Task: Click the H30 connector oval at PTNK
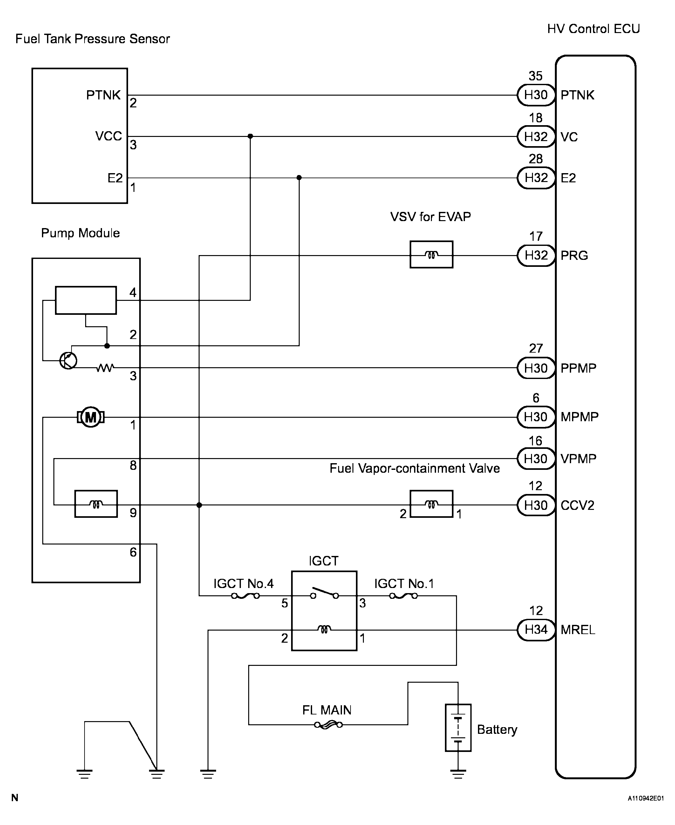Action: (536, 95)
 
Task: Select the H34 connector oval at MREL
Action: (536, 630)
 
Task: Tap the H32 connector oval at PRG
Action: (536, 255)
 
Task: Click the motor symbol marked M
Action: (91, 417)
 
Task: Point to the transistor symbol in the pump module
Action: (68, 361)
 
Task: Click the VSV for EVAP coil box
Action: (431, 254)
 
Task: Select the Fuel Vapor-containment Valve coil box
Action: (431, 504)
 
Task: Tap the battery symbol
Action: (458, 728)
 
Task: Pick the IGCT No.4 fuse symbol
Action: (245, 596)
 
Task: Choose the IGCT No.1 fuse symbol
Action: (403, 596)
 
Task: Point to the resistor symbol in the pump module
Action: (105, 367)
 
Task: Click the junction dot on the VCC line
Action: (250, 136)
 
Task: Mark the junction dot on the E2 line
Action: (299, 178)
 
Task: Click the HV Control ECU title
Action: (593, 29)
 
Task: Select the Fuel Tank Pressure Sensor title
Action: (92, 39)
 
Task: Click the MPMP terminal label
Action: (579, 417)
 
